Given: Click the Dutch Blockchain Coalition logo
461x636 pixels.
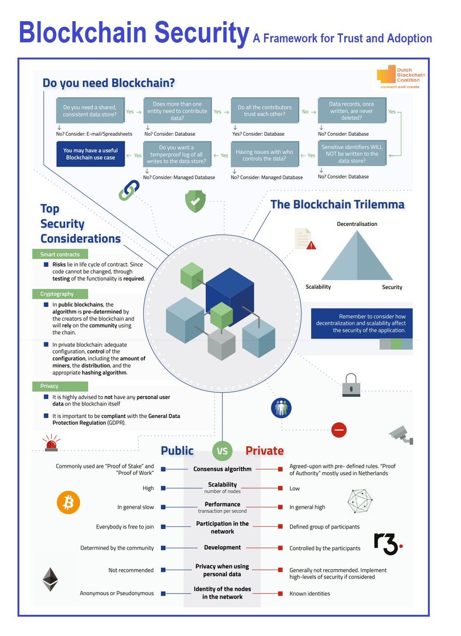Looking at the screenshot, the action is pyautogui.click(x=401, y=77).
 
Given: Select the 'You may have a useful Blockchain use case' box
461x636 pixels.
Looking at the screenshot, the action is pyautogui.click(x=90, y=154).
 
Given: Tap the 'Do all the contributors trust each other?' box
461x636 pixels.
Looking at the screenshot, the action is pyautogui.click(x=265, y=110).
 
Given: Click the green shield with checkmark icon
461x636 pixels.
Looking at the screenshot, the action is pyautogui.click(x=195, y=201).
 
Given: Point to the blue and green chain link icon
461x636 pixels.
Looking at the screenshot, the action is pyautogui.click(x=129, y=190).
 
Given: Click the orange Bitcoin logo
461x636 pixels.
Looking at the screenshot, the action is pyautogui.click(x=68, y=502).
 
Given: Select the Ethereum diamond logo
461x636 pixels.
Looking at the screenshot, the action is pyautogui.click(x=50, y=579).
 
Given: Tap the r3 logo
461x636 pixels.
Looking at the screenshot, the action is pyautogui.click(x=388, y=544).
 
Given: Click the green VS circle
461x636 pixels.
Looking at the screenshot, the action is pyautogui.click(x=222, y=451).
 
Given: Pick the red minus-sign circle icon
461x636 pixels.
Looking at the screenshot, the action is pyautogui.click(x=339, y=430).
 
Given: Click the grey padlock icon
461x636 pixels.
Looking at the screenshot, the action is pyautogui.click(x=351, y=385).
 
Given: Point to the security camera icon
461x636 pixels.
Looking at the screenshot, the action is pyautogui.click(x=401, y=435).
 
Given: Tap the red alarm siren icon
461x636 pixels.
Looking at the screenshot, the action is pyautogui.click(x=51, y=443).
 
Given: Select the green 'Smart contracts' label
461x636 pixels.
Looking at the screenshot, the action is pyautogui.click(x=60, y=254).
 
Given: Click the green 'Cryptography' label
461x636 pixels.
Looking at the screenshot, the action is pyautogui.click(x=60, y=294).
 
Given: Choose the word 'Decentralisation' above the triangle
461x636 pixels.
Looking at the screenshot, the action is pyautogui.click(x=357, y=224).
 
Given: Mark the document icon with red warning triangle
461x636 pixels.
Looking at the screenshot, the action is pyautogui.click(x=305, y=239).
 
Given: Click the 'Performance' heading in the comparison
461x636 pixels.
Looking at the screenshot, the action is pyautogui.click(x=222, y=504).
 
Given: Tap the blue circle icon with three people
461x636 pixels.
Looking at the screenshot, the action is pyautogui.click(x=281, y=408).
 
